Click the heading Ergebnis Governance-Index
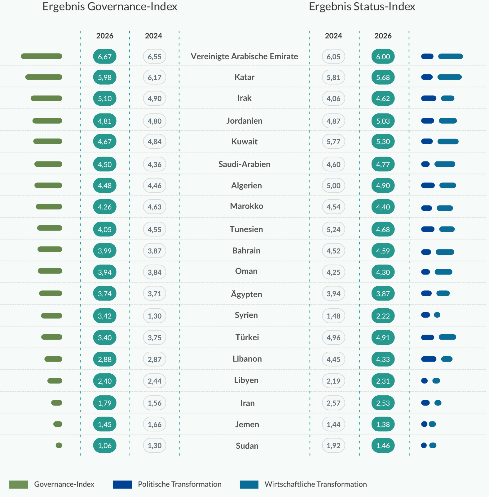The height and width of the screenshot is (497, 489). pyautogui.click(x=110, y=7)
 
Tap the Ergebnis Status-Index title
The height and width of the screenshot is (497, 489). pyautogui.click(x=362, y=7)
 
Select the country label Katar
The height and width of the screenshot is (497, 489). pyautogui.click(x=244, y=77)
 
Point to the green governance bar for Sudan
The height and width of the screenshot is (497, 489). pyautogui.click(x=59, y=445)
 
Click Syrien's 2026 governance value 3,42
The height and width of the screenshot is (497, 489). pyautogui.click(x=105, y=316)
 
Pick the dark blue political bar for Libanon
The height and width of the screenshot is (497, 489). pyautogui.click(x=429, y=359)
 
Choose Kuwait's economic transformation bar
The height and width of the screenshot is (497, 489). pyautogui.click(x=448, y=142)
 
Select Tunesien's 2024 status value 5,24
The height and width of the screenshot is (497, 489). pyautogui.click(x=333, y=229)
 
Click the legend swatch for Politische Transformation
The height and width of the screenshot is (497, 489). pyautogui.click(x=122, y=484)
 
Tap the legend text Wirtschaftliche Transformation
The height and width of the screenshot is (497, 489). pyautogui.click(x=315, y=484)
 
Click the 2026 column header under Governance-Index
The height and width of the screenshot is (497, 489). pyautogui.click(x=105, y=36)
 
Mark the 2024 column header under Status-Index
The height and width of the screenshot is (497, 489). pyautogui.click(x=333, y=36)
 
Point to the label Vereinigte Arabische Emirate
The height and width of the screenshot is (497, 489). pyautogui.click(x=244, y=56)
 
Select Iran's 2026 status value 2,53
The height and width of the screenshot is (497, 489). pyautogui.click(x=383, y=403)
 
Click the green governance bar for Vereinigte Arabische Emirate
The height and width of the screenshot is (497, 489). pyautogui.click(x=42, y=56)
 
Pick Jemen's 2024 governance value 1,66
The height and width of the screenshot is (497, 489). pyautogui.click(x=155, y=424)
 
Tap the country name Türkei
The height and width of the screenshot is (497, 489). pyautogui.click(x=247, y=337)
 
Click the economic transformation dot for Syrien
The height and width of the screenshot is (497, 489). pyautogui.click(x=437, y=315)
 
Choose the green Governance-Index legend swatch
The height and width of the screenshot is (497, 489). pyautogui.click(x=19, y=484)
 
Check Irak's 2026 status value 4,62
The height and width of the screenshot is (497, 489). pyautogui.click(x=383, y=99)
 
